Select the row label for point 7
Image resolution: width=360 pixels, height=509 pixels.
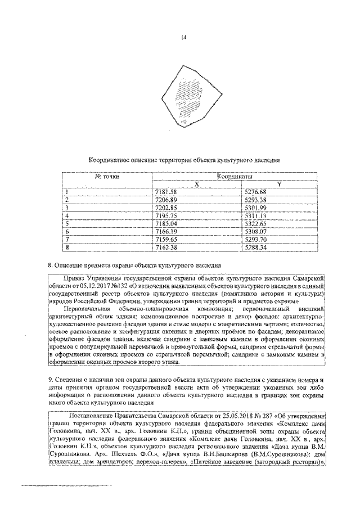coord(67,239)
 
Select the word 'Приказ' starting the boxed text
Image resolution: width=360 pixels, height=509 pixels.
coord(75,278)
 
